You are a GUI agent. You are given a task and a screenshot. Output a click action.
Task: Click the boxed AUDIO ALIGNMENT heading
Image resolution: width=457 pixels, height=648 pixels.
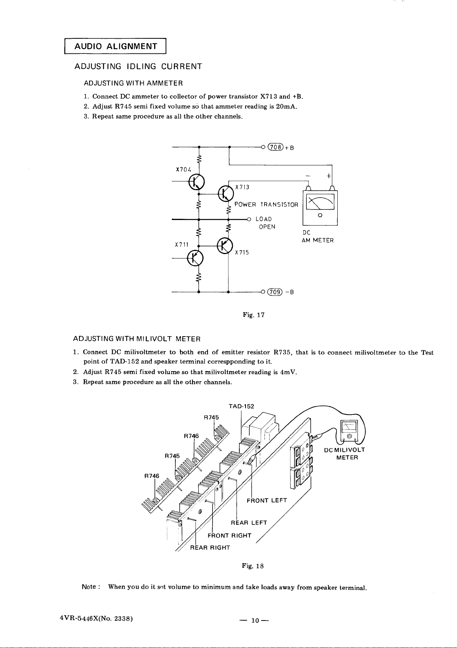(115, 46)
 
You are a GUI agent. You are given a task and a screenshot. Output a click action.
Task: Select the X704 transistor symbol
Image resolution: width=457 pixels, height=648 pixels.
(196, 182)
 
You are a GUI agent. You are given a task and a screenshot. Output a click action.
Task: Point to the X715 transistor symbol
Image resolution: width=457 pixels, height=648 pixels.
(225, 246)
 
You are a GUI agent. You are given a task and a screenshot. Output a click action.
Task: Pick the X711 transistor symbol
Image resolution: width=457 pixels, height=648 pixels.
(195, 258)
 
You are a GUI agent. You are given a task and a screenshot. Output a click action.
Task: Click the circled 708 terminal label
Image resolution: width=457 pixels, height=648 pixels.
(275, 147)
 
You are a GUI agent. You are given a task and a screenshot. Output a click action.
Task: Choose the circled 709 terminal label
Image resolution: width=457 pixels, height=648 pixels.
(275, 292)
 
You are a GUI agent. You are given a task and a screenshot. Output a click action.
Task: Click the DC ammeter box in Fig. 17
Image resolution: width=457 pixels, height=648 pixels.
(320, 208)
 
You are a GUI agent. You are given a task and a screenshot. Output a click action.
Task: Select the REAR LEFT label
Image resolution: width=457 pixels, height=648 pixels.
(249, 523)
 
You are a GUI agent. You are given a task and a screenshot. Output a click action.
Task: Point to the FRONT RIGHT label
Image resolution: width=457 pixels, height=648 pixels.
(229, 535)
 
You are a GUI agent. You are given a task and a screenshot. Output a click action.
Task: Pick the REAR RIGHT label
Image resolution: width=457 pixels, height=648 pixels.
(210, 548)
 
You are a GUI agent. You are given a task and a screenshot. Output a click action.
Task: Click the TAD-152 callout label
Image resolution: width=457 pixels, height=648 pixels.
(241, 406)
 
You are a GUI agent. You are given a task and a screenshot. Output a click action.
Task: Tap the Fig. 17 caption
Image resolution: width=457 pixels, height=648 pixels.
(254, 315)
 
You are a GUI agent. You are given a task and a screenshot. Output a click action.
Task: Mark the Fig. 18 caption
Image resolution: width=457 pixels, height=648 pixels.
(253, 566)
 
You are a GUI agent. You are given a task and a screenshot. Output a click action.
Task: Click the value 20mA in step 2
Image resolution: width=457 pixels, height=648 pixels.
(286, 107)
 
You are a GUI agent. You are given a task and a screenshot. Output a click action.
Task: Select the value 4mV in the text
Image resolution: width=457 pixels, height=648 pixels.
(288, 372)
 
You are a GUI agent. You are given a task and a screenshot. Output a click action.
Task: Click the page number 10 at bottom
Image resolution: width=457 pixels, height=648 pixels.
(255, 620)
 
